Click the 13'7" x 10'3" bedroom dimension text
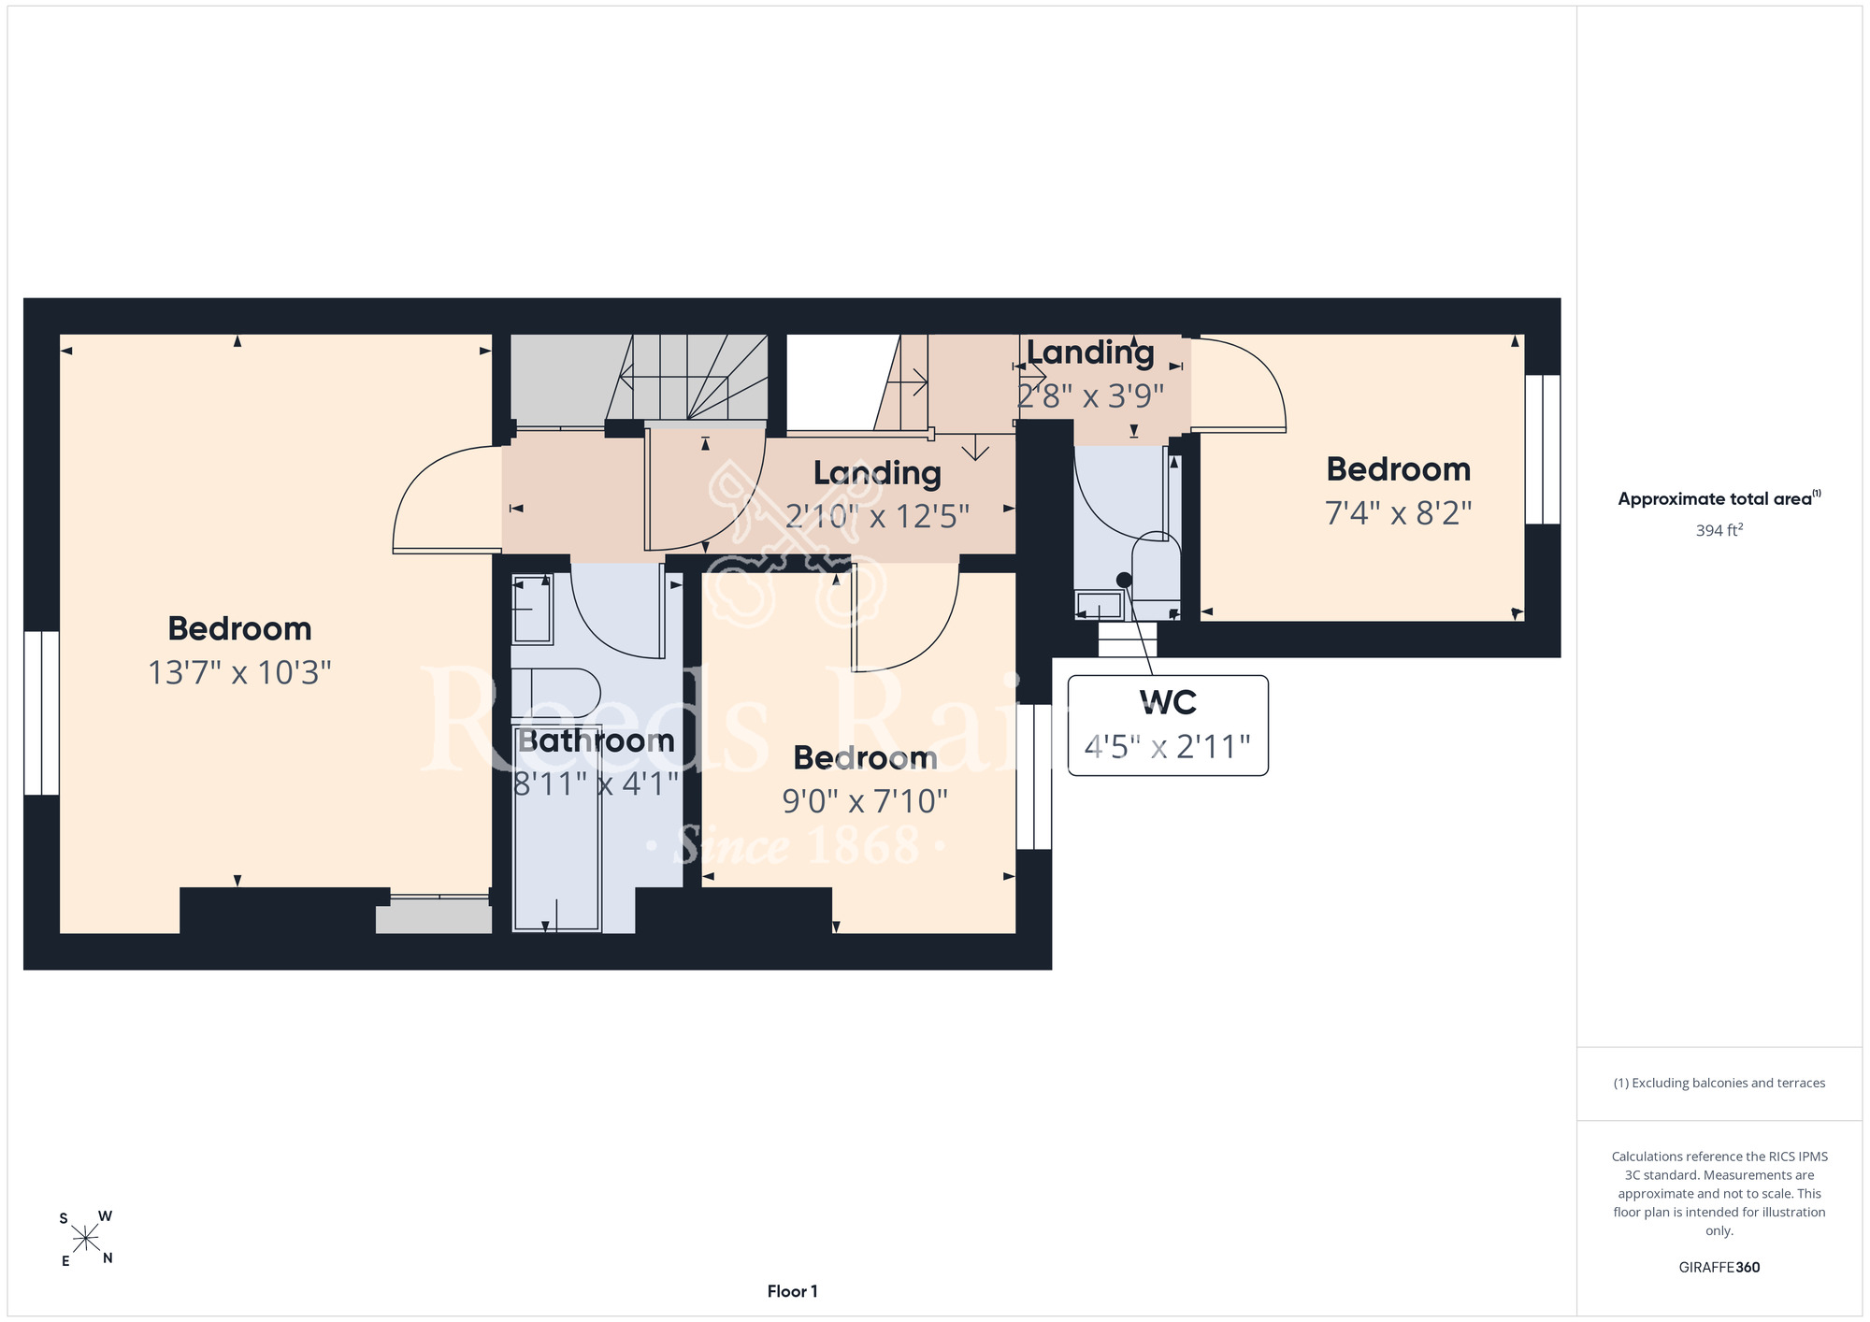point(240,673)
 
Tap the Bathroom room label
point(597,740)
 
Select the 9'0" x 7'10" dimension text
point(865,801)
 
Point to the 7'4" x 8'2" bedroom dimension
point(1399,513)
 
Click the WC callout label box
point(1168,726)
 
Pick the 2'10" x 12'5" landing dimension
point(877,516)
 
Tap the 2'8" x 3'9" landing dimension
point(1090,396)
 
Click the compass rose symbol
point(86,1239)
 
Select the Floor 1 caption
point(792,1291)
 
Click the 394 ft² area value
point(1719,530)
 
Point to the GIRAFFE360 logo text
point(1719,1268)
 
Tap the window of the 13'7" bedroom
point(41,712)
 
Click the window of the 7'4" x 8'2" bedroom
point(1543,449)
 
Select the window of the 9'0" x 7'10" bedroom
point(1034,776)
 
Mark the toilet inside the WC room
point(1157,572)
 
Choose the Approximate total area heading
point(1719,498)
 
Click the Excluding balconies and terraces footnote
point(1719,1083)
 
